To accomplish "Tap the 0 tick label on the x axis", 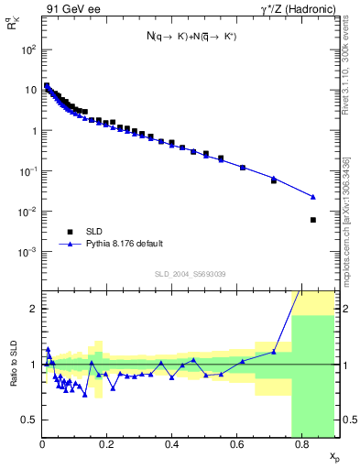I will pos(42,445).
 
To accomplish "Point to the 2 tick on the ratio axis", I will pos(33,309).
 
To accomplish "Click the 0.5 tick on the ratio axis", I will pos(29,420).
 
